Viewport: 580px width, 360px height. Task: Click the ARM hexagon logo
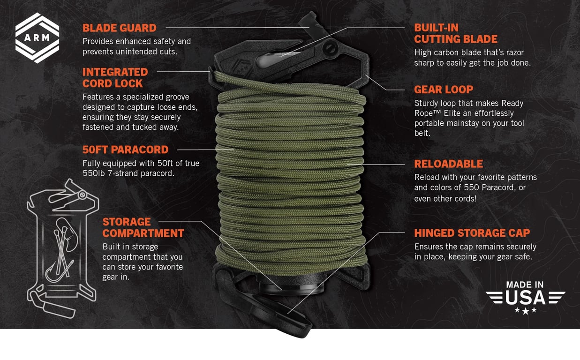click(x=38, y=38)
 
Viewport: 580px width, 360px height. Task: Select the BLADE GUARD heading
click(x=120, y=28)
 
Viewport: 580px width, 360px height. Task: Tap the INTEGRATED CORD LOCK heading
click(x=115, y=78)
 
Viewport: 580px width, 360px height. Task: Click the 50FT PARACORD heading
click(x=125, y=150)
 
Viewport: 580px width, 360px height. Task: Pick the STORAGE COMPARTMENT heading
click(x=143, y=227)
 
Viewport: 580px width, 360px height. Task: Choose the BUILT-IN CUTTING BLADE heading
click(x=456, y=33)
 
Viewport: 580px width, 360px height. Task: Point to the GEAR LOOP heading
click(x=444, y=90)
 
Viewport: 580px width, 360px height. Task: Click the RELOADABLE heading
click(x=448, y=164)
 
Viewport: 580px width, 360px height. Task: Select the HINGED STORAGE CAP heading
click(x=472, y=233)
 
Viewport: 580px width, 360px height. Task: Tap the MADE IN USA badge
click(x=525, y=298)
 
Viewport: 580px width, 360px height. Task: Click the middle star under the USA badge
click(x=525, y=311)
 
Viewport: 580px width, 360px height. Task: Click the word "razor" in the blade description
click(x=514, y=52)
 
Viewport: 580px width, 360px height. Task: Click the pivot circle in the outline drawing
click(x=83, y=195)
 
